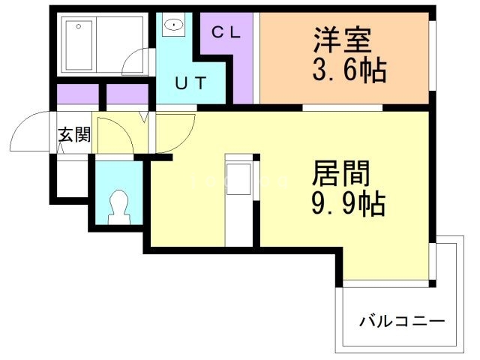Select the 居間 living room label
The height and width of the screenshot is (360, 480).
tap(342, 175)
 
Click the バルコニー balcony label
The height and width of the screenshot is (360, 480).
tap(401, 321)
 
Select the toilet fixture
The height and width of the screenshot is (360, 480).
tap(118, 205)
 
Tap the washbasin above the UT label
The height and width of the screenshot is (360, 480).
tap(174, 27)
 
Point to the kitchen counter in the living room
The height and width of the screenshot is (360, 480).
tap(240, 199)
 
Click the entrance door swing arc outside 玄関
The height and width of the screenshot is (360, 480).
tap(30, 133)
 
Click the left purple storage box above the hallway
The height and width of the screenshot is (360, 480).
tap(76, 95)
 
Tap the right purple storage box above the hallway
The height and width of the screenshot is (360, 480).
tap(126, 95)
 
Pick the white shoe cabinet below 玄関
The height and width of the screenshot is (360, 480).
tap(71, 178)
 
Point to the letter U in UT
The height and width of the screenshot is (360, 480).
tap(181, 83)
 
